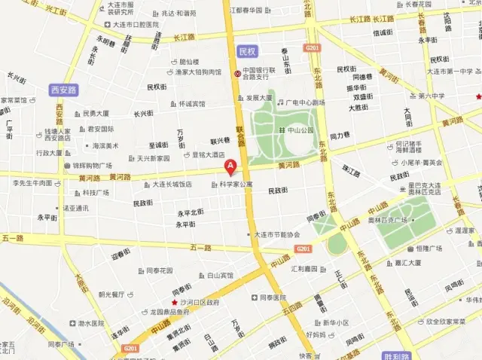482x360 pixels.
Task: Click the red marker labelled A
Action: [232, 168]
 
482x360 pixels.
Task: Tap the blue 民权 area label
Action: [247, 51]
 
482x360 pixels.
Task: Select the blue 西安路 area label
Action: [63, 89]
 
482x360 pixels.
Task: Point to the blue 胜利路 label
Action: [396, 354]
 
